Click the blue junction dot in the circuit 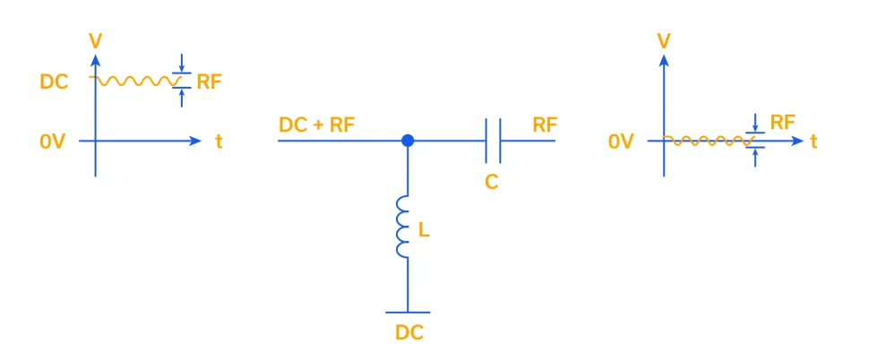click(408, 141)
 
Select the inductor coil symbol click(403, 227)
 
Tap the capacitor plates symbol click(493, 141)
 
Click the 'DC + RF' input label click(317, 124)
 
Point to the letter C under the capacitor click(491, 182)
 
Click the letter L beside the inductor click(424, 230)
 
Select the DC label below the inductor click(409, 333)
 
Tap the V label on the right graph click(664, 40)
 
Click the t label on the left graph click(219, 141)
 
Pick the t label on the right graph click(813, 141)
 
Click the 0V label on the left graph click(53, 141)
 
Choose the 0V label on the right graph click(621, 141)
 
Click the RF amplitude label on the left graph click(209, 81)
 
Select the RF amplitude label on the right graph click(782, 123)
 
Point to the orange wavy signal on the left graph click(134, 81)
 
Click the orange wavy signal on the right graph click(708, 141)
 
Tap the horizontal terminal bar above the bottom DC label click(408, 313)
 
